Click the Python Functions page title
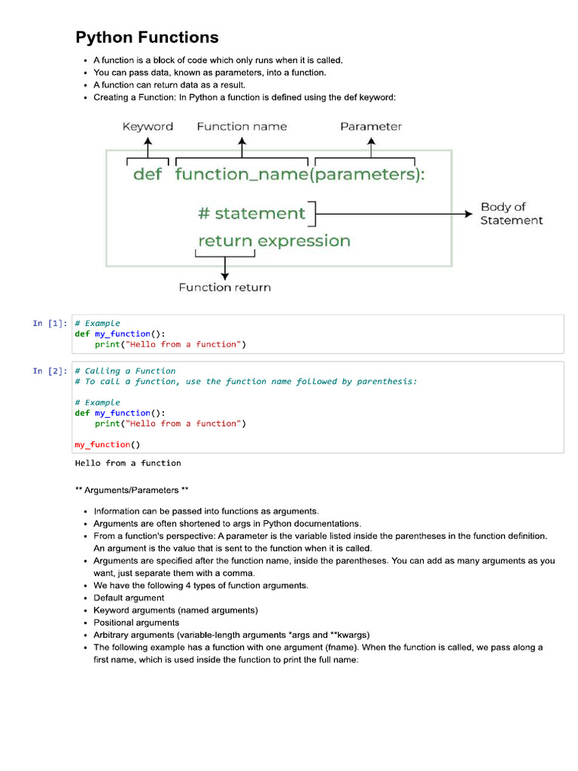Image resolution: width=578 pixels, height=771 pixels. pos(147,37)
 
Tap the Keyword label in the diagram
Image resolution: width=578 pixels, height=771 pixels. pos(148,126)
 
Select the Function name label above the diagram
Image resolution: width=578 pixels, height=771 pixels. pos(242,126)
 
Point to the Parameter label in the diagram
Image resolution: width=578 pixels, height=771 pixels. pos(371,126)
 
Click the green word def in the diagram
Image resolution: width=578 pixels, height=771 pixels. pos(148,175)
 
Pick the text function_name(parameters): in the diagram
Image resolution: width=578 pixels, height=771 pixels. pos(300,175)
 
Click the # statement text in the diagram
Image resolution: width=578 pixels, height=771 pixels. pos(251,213)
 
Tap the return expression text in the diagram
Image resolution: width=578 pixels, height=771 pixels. pos(274,241)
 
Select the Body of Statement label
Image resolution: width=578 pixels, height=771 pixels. pos(511,213)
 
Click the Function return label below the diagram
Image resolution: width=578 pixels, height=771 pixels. pos(224,287)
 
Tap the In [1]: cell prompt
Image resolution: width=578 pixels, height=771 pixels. pos(49,324)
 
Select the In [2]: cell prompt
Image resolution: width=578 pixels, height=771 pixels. pos(49,371)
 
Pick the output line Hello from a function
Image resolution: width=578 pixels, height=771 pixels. pos(128,463)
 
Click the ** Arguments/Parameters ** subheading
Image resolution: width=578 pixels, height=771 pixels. pos(126,490)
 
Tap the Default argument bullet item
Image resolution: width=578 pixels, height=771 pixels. pos(129,598)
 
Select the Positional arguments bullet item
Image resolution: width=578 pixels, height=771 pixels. pos(136,623)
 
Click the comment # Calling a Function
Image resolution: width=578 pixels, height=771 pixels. pos(125,371)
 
